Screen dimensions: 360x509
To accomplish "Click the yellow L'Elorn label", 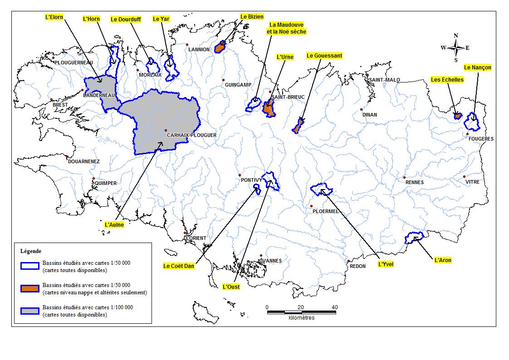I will pyautogui.click(x=54, y=17).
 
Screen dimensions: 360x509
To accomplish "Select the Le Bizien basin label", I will pyautogui.click(x=252, y=17).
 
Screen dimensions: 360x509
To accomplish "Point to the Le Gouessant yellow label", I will pyautogui.click(x=324, y=56).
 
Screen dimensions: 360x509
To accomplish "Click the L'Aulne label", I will pyautogui.click(x=114, y=224).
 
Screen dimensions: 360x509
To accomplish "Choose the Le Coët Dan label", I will pyautogui.click(x=179, y=266).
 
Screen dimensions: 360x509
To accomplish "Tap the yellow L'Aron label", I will pyautogui.click(x=442, y=260).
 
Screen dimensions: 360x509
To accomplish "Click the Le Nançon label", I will pyautogui.click(x=477, y=68).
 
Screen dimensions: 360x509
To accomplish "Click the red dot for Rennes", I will pyautogui.click(x=404, y=178).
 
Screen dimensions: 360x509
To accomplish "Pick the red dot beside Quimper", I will pyautogui.click(x=93, y=179).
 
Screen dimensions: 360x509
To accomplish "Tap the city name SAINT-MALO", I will pyautogui.click(x=384, y=80).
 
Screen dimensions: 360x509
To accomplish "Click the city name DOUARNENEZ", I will pyautogui.click(x=84, y=161).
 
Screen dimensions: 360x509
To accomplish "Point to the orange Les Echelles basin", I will pyautogui.click(x=457, y=116).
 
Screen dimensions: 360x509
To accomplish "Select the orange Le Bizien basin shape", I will pyautogui.click(x=221, y=47).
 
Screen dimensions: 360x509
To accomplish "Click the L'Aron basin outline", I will pyautogui.click(x=414, y=238).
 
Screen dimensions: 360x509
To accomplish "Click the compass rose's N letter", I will pyautogui.click(x=456, y=36).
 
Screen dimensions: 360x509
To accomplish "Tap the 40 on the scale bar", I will pyautogui.click(x=334, y=307).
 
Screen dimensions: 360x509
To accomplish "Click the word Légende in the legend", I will pyautogui.click(x=31, y=251).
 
